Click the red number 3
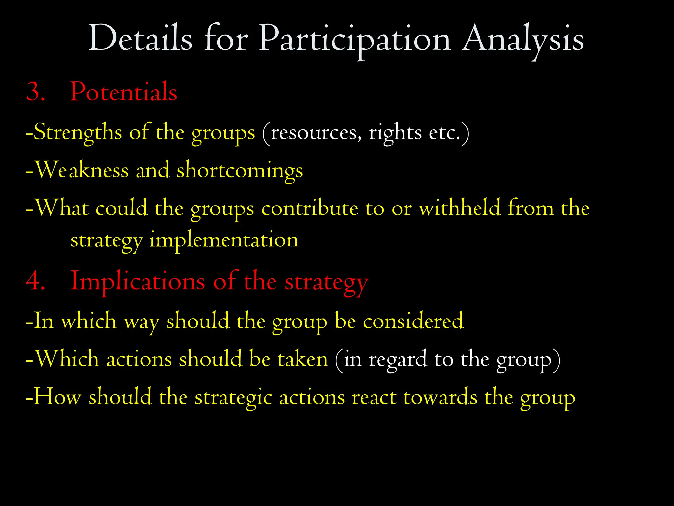tap(35, 92)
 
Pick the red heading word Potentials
tap(124, 92)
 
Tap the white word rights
tap(395, 133)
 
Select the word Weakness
tap(82, 170)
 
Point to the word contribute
tap(309, 209)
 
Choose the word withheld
tap(459, 208)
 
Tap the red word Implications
tap(138, 282)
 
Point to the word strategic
tap(233, 398)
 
